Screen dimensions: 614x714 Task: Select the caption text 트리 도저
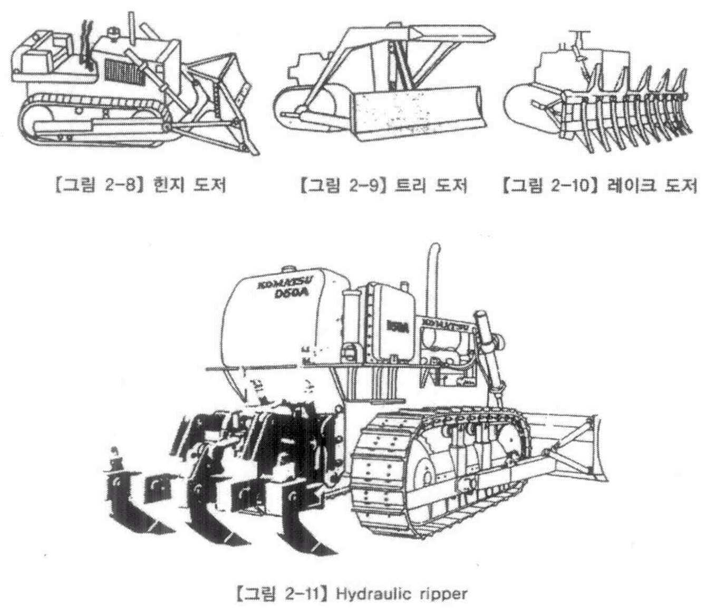431,186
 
